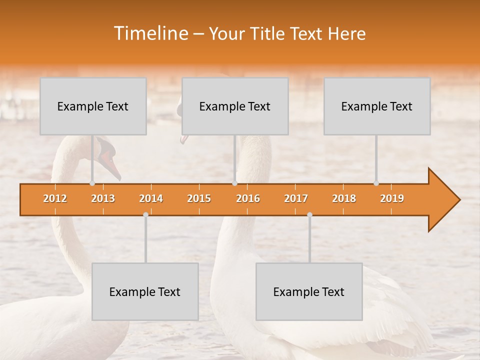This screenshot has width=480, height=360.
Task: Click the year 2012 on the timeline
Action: (x=55, y=198)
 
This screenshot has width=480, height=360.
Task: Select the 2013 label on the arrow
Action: (x=103, y=198)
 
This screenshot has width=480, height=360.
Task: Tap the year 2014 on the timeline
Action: (x=151, y=198)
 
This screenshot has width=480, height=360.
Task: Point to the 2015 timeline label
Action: (x=199, y=198)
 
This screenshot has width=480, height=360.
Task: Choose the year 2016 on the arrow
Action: (x=248, y=198)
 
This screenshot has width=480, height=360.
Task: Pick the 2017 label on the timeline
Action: (x=296, y=198)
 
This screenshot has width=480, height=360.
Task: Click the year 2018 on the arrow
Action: (x=344, y=198)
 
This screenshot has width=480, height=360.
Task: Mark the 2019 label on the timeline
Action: (x=392, y=198)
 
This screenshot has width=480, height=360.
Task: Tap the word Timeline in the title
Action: (x=150, y=33)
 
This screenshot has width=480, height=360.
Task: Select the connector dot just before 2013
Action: (x=92, y=183)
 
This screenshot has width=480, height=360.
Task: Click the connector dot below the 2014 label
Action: (x=145, y=214)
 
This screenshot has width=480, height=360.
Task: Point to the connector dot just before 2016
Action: (x=234, y=183)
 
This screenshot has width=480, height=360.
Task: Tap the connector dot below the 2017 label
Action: (x=309, y=214)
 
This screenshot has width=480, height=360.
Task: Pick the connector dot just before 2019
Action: (x=376, y=183)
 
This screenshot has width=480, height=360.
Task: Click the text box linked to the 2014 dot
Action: (x=145, y=291)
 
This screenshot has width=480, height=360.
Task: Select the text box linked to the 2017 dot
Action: (x=309, y=291)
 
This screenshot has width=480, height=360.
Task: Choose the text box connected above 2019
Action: (x=377, y=106)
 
